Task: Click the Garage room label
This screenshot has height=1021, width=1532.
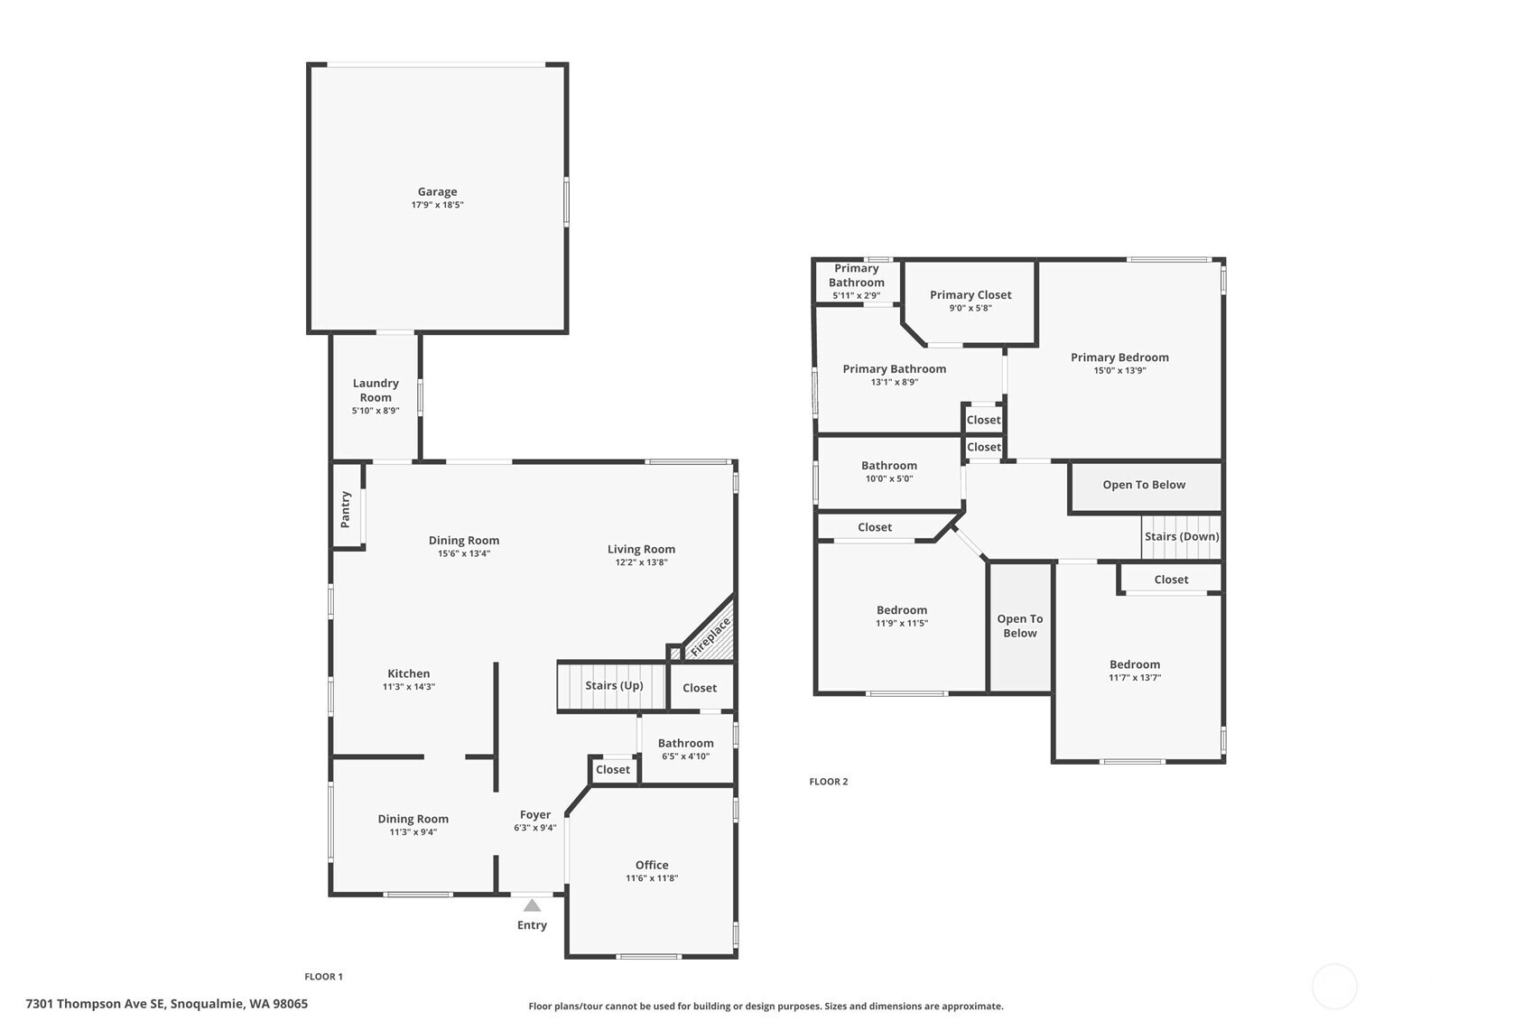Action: tap(437, 191)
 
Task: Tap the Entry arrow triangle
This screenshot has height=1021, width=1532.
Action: tap(532, 905)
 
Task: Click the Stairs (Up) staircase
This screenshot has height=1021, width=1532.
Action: tap(611, 686)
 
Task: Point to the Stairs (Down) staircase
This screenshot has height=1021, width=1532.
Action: tap(1181, 537)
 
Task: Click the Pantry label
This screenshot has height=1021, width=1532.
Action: tap(346, 509)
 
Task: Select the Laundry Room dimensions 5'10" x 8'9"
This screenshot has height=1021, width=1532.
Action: tap(376, 411)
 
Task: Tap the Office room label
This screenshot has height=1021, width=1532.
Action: tap(652, 865)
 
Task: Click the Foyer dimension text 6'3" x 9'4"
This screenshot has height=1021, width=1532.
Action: tap(534, 828)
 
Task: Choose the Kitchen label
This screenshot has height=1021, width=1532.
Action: tap(408, 673)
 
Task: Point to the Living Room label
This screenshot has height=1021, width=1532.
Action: tap(641, 549)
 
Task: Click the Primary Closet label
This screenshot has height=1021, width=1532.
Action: tap(970, 294)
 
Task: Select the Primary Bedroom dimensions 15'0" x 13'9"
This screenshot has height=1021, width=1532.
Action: tap(1119, 371)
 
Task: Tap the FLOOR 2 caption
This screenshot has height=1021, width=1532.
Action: tap(828, 782)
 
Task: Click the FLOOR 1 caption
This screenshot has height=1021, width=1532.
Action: tap(323, 977)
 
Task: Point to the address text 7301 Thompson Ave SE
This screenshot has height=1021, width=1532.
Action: tap(95, 1004)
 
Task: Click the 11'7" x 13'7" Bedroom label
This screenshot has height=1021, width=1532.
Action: tap(1135, 664)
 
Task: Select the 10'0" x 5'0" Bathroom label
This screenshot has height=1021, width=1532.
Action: tap(889, 466)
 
